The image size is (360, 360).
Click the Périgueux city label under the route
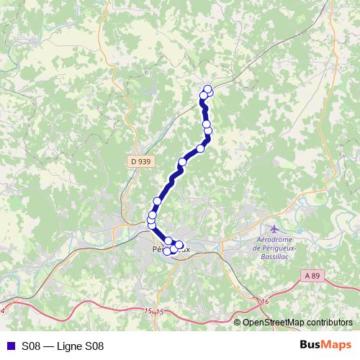click(171, 249)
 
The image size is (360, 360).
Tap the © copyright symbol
click(238, 323)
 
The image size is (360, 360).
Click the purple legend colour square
click(9, 346)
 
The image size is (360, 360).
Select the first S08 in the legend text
click(31, 346)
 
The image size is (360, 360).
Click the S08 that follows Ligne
click(95, 346)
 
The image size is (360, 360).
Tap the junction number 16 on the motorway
click(265, 301)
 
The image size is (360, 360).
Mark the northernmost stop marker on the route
click(208, 89)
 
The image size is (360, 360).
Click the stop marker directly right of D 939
click(182, 162)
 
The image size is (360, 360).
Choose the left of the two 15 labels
click(148, 310)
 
